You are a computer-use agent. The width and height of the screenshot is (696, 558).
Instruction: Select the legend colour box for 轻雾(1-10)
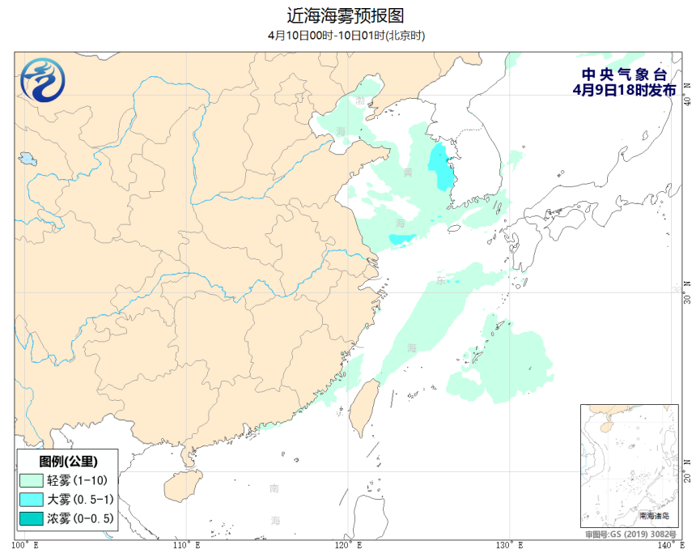(x=32, y=480)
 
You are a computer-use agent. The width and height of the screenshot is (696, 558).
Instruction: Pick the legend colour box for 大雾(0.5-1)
(x=32, y=499)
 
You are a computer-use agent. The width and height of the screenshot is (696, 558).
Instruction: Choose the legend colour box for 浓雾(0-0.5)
(x=32, y=518)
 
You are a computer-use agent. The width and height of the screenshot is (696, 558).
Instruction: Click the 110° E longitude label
(x=187, y=544)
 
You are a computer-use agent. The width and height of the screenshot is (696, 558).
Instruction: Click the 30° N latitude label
(x=687, y=292)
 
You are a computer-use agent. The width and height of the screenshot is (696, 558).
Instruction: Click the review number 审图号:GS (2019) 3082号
(x=631, y=535)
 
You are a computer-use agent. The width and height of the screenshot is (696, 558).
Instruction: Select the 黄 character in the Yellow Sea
(x=408, y=172)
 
